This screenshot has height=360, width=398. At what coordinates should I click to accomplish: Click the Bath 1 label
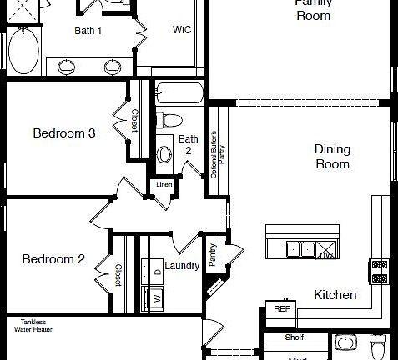click(88, 31)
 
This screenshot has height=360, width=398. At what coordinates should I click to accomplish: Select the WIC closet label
click(182, 31)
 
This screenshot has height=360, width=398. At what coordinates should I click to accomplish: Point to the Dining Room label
click(332, 157)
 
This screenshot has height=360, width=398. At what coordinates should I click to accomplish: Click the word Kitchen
click(335, 295)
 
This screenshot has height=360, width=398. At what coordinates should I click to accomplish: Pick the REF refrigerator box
click(280, 309)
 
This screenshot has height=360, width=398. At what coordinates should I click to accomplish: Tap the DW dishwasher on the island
click(325, 254)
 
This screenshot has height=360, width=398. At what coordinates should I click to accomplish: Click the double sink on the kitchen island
click(300, 248)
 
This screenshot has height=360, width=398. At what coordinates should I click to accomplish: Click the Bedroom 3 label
click(63, 132)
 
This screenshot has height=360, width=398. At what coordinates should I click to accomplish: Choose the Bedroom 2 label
click(53, 258)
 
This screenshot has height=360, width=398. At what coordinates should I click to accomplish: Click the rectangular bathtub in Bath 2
click(179, 93)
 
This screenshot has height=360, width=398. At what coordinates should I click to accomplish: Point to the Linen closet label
click(163, 184)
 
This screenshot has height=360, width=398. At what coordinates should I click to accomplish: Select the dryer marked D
click(155, 272)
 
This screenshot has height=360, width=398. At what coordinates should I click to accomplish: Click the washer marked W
click(155, 297)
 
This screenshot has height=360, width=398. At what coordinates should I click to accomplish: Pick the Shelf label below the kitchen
click(294, 337)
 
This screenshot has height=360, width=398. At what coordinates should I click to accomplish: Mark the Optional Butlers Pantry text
click(218, 156)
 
